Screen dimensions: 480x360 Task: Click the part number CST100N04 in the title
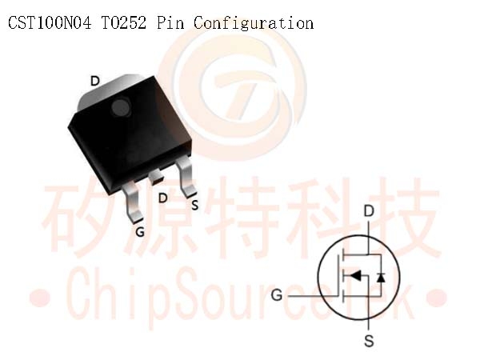click(x=50, y=22)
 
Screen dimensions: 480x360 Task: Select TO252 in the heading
click(x=124, y=22)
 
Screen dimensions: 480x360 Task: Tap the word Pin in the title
click(x=170, y=22)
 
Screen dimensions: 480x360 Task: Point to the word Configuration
click(x=254, y=23)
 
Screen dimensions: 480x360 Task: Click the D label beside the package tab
click(x=95, y=81)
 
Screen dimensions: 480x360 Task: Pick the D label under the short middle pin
click(x=163, y=198)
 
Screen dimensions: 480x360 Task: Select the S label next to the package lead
click(x=195, y=205)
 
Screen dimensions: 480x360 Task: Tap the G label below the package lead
click(x=140, y=232)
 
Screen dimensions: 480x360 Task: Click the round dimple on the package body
click(x=121, y=107)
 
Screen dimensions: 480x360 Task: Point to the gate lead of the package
click(x=133, y=202)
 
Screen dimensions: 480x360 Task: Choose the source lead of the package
click(x=186, y=177)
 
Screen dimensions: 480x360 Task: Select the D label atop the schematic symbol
click(x=369, y=211)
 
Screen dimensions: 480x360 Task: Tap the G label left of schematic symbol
click(x=277, y=295)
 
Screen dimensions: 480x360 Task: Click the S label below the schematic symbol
click(x=369, y=341)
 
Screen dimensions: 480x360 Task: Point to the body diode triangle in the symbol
click(x=381, y=278)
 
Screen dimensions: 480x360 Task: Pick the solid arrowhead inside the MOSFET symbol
click(x=355, y=275)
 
